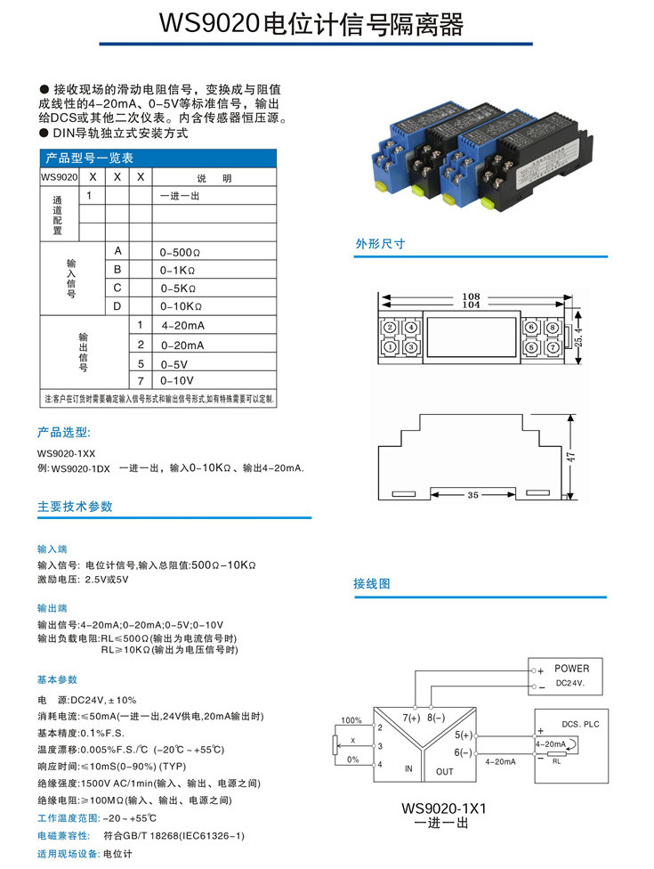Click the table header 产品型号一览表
[x=89, y=158]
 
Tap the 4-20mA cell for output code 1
[x=183, y=326]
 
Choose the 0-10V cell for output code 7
[x=179, y=380]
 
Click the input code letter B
[x=117, y=269]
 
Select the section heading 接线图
[x=372, y=584]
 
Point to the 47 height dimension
[x=573, y=456]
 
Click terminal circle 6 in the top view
[x=530, y=328]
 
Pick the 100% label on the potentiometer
[x=351, y=720]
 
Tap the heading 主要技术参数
[x=76, y=506]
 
